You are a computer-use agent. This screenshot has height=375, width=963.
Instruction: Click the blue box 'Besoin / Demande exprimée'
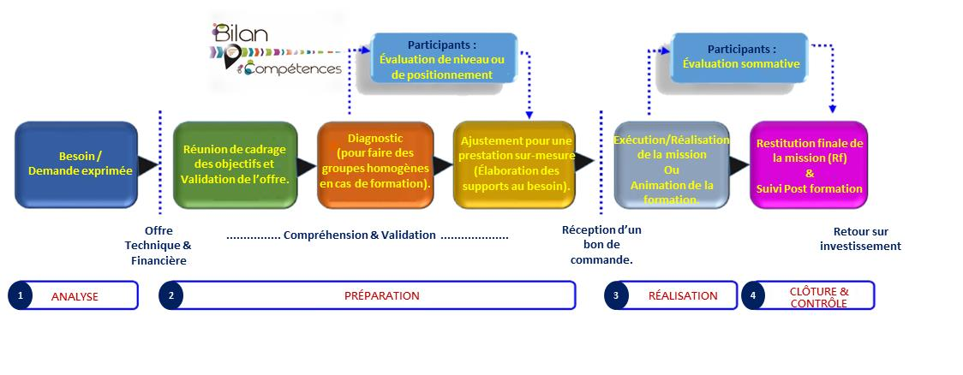[76, 164]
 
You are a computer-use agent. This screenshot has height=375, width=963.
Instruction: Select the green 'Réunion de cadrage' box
[235, 164]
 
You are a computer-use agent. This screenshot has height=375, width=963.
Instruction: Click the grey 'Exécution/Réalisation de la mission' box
[671, 164]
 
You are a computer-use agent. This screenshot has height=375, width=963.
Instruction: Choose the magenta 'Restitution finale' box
[809, 164]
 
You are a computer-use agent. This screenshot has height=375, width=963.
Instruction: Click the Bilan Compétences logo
[274, 50]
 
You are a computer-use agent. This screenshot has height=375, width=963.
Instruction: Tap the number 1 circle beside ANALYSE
[20, 295]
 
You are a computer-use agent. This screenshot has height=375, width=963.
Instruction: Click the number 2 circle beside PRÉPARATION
[171, 295]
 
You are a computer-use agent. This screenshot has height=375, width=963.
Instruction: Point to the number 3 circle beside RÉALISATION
[615, 295]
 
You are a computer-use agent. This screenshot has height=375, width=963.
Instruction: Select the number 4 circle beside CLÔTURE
[753, 295]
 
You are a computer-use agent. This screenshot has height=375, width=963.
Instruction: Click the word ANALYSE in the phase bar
[75, 296]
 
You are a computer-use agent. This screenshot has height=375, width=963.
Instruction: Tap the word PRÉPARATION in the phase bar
[381, 295]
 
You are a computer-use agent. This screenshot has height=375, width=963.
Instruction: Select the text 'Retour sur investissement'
[860, 239]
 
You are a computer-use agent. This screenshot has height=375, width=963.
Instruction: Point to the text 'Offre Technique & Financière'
[157, 246]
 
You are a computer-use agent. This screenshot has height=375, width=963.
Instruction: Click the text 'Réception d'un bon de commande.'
[601, 245]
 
